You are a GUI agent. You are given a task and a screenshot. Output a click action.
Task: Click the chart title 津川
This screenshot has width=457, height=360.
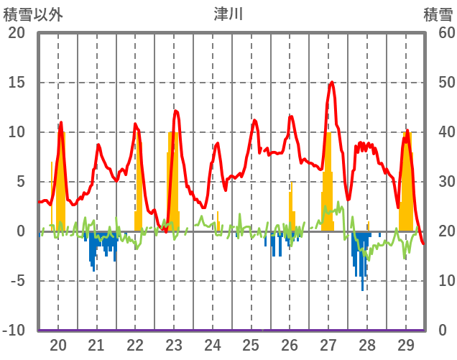click(x=228, y=14)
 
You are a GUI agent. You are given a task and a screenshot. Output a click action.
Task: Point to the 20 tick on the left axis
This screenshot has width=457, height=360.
click(x=16, y=33)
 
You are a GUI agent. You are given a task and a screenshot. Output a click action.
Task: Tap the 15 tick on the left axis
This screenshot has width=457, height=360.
click(x=16, y=83)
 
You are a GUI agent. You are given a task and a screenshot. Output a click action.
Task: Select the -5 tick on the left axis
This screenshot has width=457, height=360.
click(x=16, y=281)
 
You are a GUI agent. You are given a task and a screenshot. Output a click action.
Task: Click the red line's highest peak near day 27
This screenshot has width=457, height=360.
click(x=331, y=82)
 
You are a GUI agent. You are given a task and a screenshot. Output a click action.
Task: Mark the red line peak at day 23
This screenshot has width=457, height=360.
click(x=175, y=111)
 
